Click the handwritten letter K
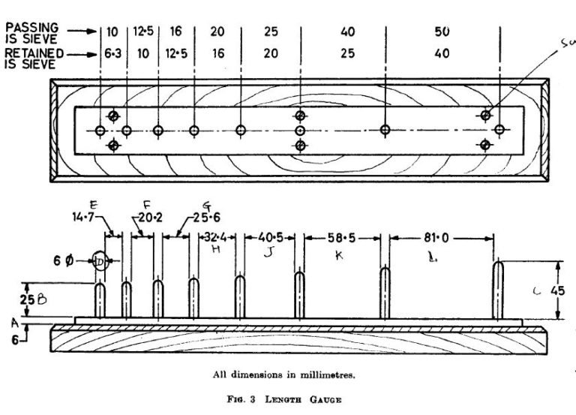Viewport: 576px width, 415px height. coord(338,254)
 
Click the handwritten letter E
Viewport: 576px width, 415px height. coord(113,204)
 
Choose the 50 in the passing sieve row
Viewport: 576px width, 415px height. coord(443,33)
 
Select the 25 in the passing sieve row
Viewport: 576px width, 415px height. coord(270,33)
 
